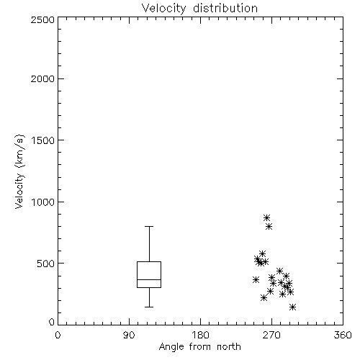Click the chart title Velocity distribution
(199, 9)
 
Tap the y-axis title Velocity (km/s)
(19, 171)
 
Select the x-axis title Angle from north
(199, 347)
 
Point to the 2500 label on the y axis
(42, 19)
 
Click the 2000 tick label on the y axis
(42, 78)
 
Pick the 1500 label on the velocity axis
(43, 140)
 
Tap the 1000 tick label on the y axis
(43, 202)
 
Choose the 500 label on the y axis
(46, 264)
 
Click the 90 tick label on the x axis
(129, 335)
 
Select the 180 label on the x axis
(200, 335)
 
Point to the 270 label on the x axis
(271, 335)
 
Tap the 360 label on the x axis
(343, 335)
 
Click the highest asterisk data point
(266, 218)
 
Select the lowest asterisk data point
(292, 307)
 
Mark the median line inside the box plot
(149, 279)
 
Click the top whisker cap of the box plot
(149, 226)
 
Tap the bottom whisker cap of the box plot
(149, 307)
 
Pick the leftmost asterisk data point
(256, 279)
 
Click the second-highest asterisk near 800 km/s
(269, 226)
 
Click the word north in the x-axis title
(229, 347)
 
